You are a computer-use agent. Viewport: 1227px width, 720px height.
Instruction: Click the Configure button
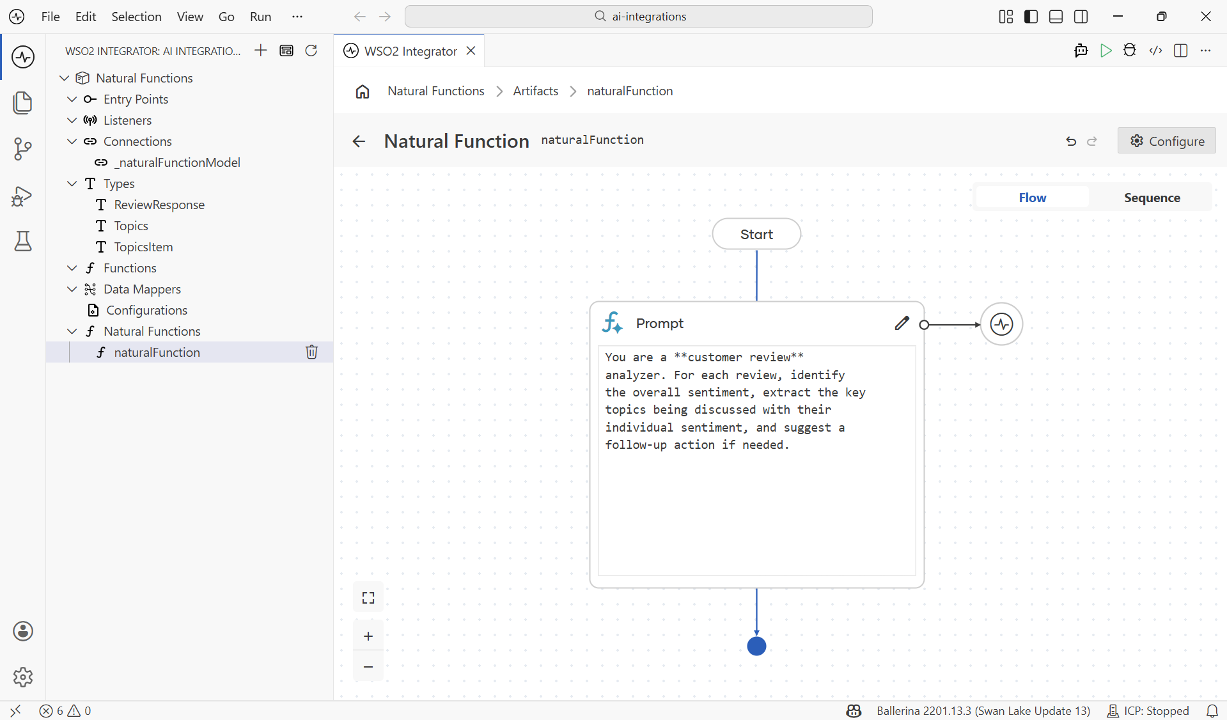(x=1166, y=141)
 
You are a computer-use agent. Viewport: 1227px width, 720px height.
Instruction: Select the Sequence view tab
(x=1152, y=198)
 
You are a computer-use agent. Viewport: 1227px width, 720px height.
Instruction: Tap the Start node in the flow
(x=756, y=234)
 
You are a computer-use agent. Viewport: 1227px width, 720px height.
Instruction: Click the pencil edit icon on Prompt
(x=902, y=324)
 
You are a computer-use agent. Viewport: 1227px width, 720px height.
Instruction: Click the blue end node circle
(x=756, y=646)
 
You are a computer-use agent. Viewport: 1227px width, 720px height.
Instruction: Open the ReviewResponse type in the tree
(x=159, y=205)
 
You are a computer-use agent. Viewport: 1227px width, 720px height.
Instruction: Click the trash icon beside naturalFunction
(x=311, y=352)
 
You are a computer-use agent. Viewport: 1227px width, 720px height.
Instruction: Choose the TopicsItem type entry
(x=143, y=247)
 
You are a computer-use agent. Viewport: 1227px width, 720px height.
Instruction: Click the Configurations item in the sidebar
(x=146, y=310)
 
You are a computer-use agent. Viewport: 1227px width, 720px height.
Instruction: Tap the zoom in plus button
(x=368, y=636)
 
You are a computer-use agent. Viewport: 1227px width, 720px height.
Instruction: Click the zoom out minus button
(x=368, y=666)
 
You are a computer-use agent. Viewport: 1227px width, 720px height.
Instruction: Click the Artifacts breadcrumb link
(x=536, y=91)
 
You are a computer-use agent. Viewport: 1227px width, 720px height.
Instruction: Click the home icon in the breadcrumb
(x=363, y=91)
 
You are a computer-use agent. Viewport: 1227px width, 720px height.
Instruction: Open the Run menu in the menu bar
(x=260, y=17)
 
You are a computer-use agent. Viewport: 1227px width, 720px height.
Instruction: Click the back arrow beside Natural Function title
(x=359, y=141)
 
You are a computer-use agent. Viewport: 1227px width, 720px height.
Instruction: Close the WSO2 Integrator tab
(x=471, y=51)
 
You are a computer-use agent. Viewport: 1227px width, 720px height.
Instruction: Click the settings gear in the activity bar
(x=23, y=677)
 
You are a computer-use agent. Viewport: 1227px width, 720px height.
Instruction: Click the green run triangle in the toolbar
(x=1106, y=51)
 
